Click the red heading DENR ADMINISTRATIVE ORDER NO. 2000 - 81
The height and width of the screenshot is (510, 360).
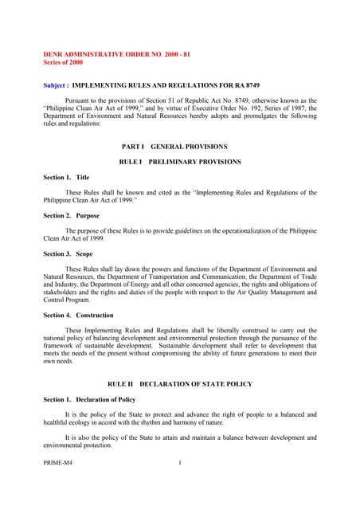pos(116,53)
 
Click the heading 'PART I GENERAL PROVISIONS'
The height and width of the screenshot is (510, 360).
pos(174,147)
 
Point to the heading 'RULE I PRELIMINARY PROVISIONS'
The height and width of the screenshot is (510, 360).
pos(179,162)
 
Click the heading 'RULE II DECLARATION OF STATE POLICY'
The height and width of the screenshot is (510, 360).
pos(179,384)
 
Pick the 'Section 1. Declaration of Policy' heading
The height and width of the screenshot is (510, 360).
pos(89,399)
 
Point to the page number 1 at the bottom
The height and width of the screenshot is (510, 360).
pos(181,462)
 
